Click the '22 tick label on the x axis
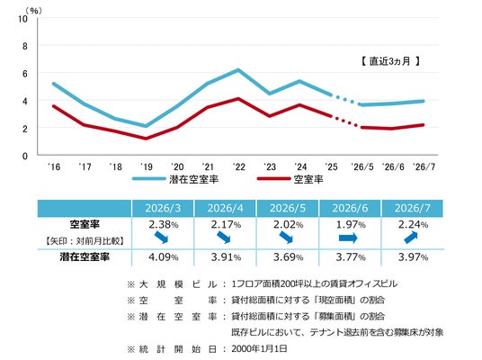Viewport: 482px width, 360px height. click(x=239, y=166)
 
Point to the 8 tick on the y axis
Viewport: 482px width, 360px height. click(x=24, y=46)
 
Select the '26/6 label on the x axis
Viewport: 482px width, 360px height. click(x=393, y=166)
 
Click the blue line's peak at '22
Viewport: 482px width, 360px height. click(x=238, y=70)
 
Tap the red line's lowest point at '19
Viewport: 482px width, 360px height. click(x=146, y=139)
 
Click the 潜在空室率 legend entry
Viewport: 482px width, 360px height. click(x=175, y=179)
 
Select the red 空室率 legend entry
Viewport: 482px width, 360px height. click(x=290, y=179)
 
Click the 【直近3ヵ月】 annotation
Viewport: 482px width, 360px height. click(x=390, y=61)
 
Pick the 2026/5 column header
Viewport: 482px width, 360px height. click(x=288, y=208)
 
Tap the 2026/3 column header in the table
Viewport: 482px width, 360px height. click(x=163, y=208)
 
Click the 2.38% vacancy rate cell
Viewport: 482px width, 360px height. click(x=164, y=225)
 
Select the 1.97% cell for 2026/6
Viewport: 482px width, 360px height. click(x=351, y=225)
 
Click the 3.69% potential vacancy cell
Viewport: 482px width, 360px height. click(x=288, y=256)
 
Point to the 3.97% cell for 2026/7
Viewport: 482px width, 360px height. click(x=413, y=256)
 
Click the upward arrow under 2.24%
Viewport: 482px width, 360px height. click(x=411, y=238)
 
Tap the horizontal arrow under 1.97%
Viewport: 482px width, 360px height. click(x=348, y=238)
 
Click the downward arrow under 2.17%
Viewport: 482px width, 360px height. click(x=224, y=238)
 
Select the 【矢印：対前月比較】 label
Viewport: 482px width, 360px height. click(x=85, y=241)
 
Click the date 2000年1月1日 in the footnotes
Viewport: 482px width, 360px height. click(x=259, y=348)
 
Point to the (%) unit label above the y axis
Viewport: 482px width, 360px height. click(x=33, y=11)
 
